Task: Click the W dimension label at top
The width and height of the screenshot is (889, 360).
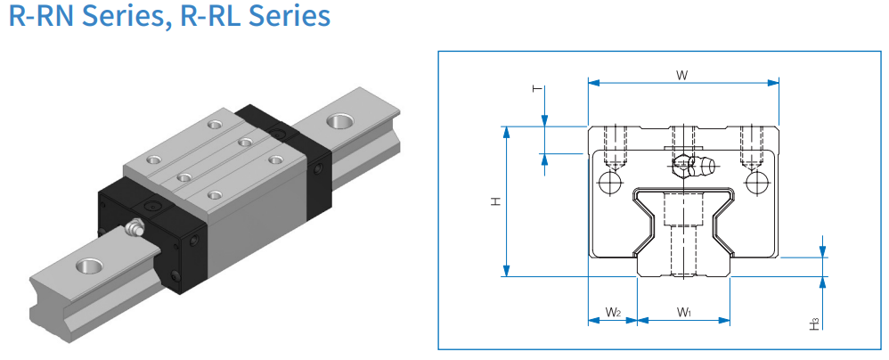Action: tap(681, 76)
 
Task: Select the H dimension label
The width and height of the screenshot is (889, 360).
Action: tap(495, 201)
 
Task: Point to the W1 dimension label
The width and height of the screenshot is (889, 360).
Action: tap(684, 312)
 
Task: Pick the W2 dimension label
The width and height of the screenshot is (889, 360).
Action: tap(613, 312)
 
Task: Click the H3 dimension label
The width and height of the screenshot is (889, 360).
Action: tap(815, 323)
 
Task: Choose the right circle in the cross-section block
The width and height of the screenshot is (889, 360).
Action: tap(759, 184)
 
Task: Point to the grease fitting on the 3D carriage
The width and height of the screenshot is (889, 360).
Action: tap(136, 228)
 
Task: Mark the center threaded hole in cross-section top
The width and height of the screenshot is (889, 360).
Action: tap(683, 143)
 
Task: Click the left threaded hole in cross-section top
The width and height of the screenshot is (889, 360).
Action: tap(610, 145)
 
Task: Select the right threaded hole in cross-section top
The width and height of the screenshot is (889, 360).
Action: tap(754, 145)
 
